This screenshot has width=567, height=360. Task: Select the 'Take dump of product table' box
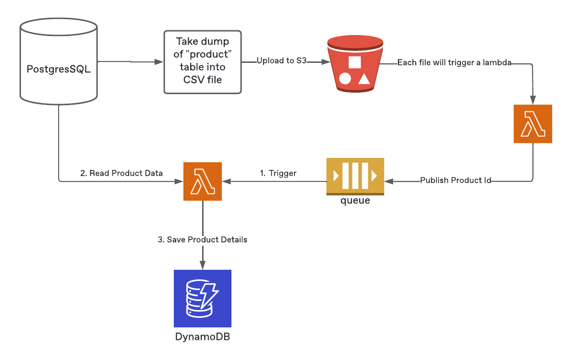point(202,62)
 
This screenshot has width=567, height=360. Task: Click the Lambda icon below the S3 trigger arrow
point(532,124)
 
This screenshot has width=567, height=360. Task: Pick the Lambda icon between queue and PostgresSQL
point(202,181)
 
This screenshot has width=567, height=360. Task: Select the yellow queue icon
point(355,176)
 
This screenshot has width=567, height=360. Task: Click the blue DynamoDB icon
point(202,298)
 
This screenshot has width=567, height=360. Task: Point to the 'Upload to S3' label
point(281,61)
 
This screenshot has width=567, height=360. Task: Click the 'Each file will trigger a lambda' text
point(454,62)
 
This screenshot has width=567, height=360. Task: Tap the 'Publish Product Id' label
point(455,180)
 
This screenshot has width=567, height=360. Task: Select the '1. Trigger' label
point(278,173)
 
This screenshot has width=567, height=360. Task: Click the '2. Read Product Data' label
point(121,173)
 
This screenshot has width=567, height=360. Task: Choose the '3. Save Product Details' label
point(202,239)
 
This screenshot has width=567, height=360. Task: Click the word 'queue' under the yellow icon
point(355,201)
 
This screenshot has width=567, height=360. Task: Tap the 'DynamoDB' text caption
point(202,336)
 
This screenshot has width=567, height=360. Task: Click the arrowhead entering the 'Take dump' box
point(158,62)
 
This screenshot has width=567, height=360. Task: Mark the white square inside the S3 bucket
point(354,62)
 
